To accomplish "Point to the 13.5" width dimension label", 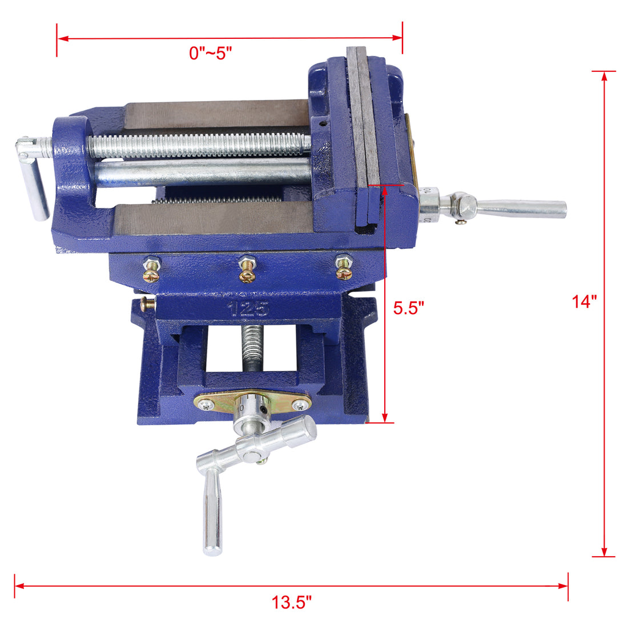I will pyautogui.click(x=291, y=602).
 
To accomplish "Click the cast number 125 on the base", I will pyautogui.click(x=248, y=309).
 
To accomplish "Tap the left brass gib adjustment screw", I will pyautogui.click(x=152, y=268).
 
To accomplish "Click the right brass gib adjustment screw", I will pyautogui.click(x=343, y=268).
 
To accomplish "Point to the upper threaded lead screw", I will pyautogui.click(x=200, y=146).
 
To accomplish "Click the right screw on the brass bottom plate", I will pyautogui.click(x=300, y=405).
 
